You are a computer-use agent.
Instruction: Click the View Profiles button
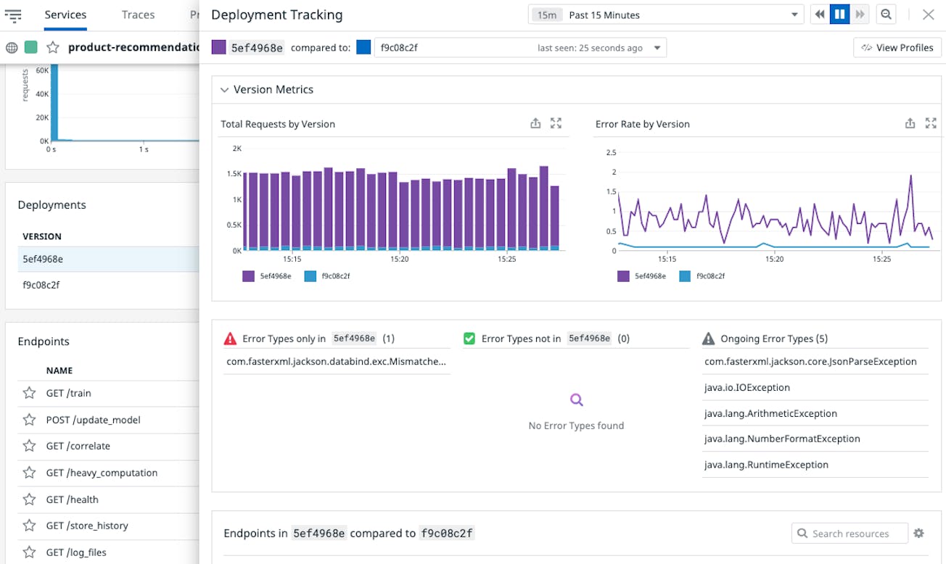[x=897, y=48]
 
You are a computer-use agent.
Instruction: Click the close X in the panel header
[x=928, y=14]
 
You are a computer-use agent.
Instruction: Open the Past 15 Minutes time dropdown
[x=666, y=14]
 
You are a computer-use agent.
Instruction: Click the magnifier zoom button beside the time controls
[x=885, y=14]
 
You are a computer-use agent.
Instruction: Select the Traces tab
[x=138, y=14]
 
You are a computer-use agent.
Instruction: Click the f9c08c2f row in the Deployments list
[x=41, y=285]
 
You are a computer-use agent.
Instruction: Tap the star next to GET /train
[x=29, y=393]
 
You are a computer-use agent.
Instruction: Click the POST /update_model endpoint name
[x=93, y=420]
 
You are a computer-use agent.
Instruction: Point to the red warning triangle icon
[x=230, y=339]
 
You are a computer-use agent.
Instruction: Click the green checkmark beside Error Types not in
[x=469, y=339]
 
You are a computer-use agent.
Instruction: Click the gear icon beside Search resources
[x=918, y=534]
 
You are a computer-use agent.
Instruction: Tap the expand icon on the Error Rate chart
[x=931, y=123]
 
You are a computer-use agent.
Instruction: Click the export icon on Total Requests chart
[x=535, y=123]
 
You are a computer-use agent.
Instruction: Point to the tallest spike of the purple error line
[x=910, y=176]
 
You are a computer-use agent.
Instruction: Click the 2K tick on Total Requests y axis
[x=236, y=149]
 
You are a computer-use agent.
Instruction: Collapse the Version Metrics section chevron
[x=224, y=90]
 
